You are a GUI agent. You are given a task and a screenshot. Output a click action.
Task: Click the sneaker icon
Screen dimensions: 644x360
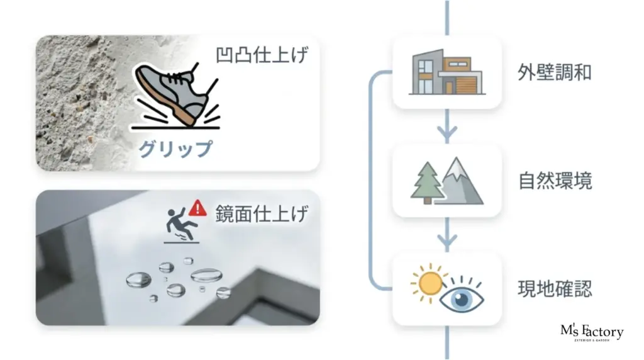[176, 96]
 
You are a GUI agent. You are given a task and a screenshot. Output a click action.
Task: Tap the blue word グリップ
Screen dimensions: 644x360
[175, 149]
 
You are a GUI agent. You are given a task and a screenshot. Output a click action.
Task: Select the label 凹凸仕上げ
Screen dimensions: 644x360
[262, 55]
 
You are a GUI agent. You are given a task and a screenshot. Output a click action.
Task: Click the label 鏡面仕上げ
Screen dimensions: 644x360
[262, 214]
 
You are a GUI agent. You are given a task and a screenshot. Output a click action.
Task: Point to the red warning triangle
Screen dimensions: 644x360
[197, 208]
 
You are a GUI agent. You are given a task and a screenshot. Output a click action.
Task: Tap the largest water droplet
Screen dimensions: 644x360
[206, 275]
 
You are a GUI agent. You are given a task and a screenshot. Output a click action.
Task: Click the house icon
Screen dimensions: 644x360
[447, 72]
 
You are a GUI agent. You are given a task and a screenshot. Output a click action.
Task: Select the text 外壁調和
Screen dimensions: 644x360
[555, 73]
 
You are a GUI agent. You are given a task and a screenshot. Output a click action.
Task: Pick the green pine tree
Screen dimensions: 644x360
[427, 183]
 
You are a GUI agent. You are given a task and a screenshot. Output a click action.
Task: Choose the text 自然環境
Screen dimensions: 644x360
[555, 181]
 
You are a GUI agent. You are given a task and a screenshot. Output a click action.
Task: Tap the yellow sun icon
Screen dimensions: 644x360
[429, 283]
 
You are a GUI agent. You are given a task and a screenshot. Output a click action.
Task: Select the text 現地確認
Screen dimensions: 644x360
[555, 288]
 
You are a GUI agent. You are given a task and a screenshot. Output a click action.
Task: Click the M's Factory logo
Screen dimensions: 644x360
[592, 332]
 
